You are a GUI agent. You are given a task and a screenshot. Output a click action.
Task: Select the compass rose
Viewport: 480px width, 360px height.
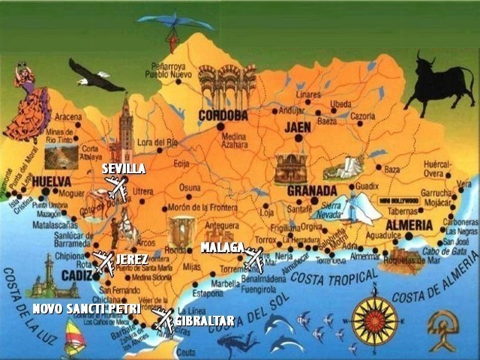(x=374, y=320)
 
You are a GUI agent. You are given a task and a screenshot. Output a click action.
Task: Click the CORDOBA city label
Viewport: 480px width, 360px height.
(x=223, y=115)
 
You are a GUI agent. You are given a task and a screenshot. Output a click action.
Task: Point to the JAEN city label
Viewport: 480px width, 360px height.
(x=298, y=127)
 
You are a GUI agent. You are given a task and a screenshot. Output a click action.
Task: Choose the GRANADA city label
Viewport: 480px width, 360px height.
(x=312, y=190)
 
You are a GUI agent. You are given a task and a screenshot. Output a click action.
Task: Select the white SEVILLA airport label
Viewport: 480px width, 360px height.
(x=124, y=169)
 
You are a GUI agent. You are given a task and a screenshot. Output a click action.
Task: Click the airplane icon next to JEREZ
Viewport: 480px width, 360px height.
(x=103, y=262)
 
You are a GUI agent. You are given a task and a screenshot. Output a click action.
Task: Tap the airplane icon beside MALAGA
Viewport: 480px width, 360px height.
(x=254, y=259)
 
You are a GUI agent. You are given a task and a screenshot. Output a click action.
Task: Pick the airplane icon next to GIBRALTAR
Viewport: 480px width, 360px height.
(x=163, y=319)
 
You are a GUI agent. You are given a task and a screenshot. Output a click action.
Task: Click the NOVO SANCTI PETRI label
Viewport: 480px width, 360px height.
(x=86, y=309)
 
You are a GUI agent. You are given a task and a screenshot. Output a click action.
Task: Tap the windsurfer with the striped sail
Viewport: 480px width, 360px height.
(x=73, y=337)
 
